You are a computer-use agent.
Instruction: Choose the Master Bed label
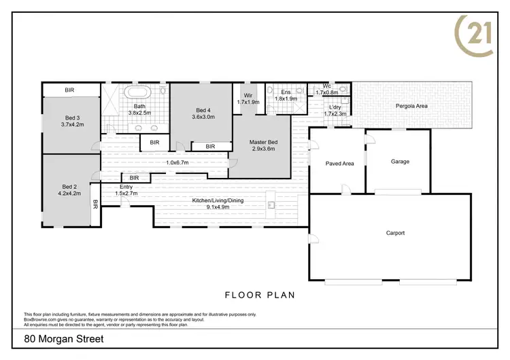(263, 142)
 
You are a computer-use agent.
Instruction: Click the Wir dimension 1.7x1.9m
(248, 102)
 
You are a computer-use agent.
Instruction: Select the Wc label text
(326, 86)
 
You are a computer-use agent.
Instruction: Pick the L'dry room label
(335, 107)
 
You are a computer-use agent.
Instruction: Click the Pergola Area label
(411, 106)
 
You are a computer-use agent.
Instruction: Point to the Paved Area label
(339, 163)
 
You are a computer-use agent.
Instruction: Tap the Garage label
(400, 162)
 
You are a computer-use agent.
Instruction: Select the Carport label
(395, 233)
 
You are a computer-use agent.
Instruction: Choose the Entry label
(126, 187)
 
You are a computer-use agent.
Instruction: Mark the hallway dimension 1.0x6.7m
(177, 162)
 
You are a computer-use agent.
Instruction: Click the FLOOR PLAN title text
(259, 295)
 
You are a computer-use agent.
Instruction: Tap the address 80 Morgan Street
(64, 338)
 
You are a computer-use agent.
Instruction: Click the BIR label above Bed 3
(69, 90)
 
